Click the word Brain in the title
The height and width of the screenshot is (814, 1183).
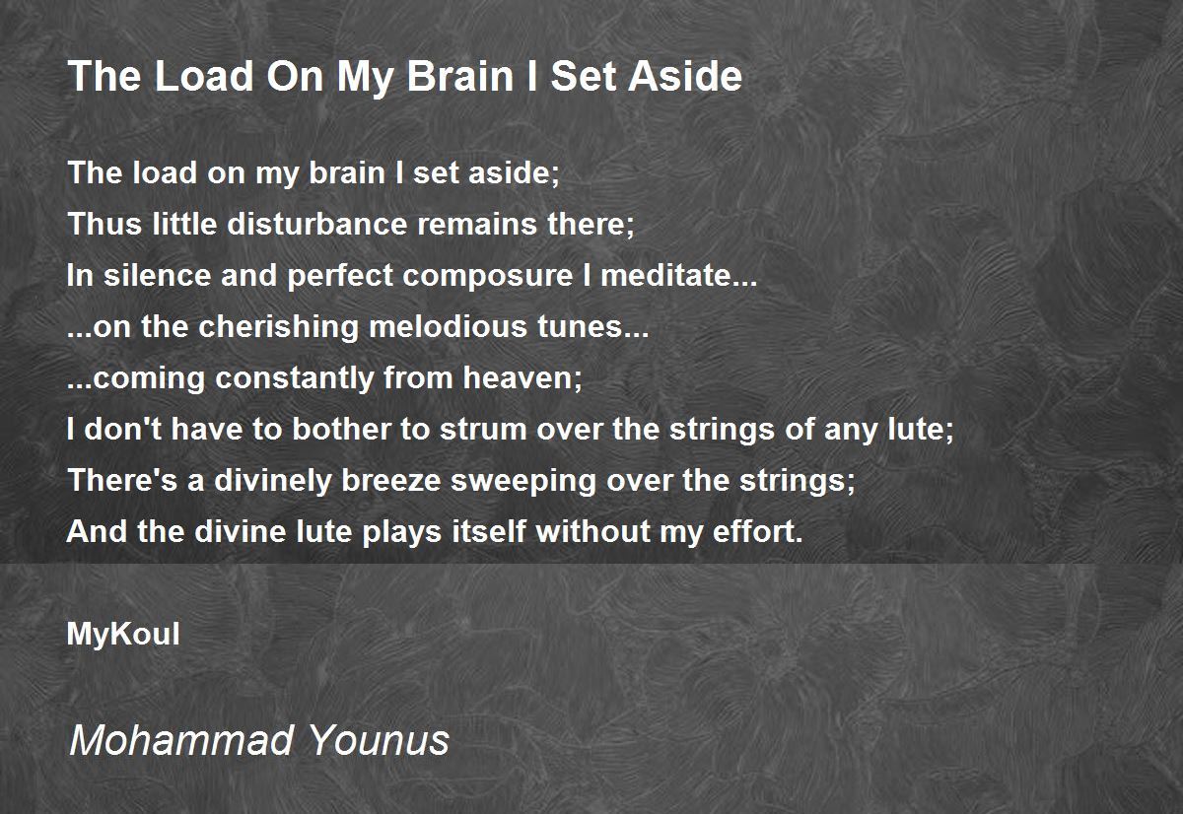coord(460,77)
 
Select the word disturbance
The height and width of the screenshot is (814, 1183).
coord(317,224)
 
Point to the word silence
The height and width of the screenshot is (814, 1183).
coord(158,276)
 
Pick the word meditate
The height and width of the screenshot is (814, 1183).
coord(667,276)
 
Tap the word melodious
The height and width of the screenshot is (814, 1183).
coord(448,327)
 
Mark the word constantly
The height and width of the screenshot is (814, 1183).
coord(294,379)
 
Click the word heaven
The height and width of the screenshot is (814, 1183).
coord(519,378)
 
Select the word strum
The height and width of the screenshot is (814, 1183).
coord(484,430)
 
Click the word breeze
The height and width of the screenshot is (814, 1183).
coord(391,481)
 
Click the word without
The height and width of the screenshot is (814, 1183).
coord(592,532)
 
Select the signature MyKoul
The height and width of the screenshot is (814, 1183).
coord(123,635)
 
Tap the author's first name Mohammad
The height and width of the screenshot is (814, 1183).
coord(180,740)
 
